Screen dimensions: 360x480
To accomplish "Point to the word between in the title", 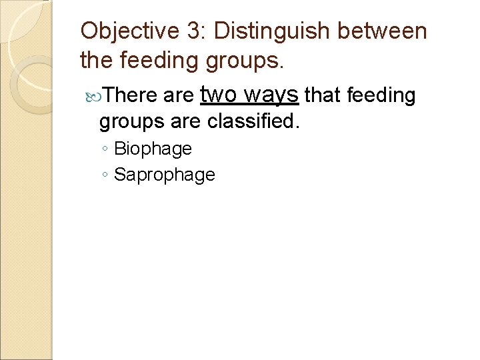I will [391, 31].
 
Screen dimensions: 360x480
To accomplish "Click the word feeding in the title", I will [159, 61].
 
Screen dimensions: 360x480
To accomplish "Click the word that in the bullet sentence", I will [323, 96].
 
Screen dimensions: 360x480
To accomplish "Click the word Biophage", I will [153, 149].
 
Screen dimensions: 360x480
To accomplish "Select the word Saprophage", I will [165, 175].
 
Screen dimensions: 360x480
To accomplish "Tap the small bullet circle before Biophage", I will [106, 149].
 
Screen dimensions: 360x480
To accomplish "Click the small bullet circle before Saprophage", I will [106, 175].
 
